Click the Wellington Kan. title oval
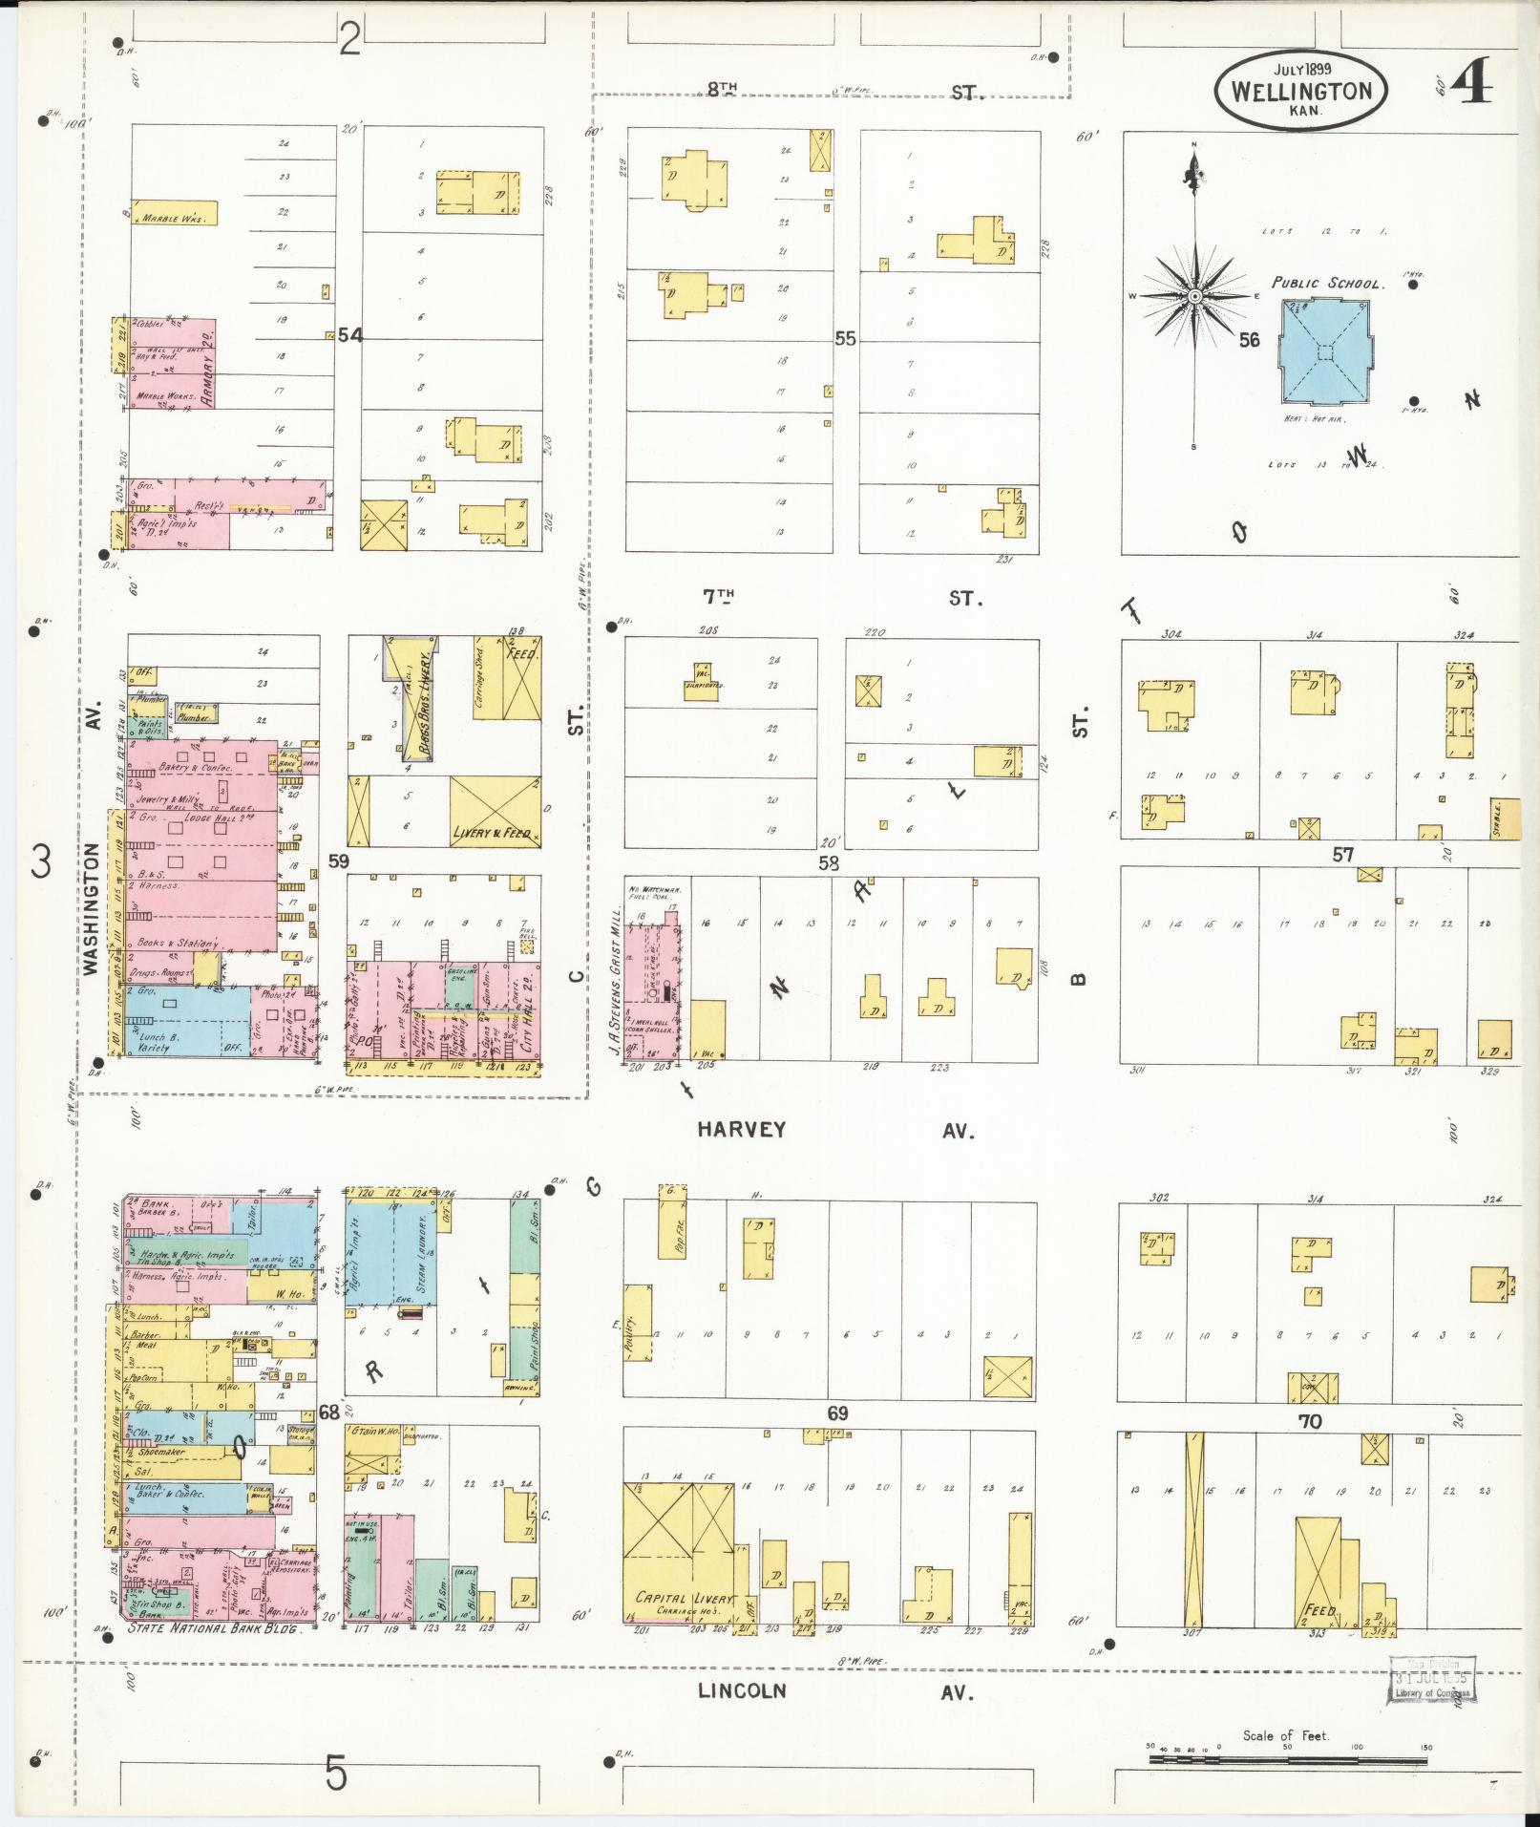click(x=1300, y=90)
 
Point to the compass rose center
click(x=1193, y=297)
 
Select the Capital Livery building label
click(x=684, y=1600)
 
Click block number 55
click(x=844, y=338)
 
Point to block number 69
click(x=837, y=1413)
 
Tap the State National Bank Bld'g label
click(x=215, y=1630)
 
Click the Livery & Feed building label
click(x=493, y=833)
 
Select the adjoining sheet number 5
click(x=336, y=1774)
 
